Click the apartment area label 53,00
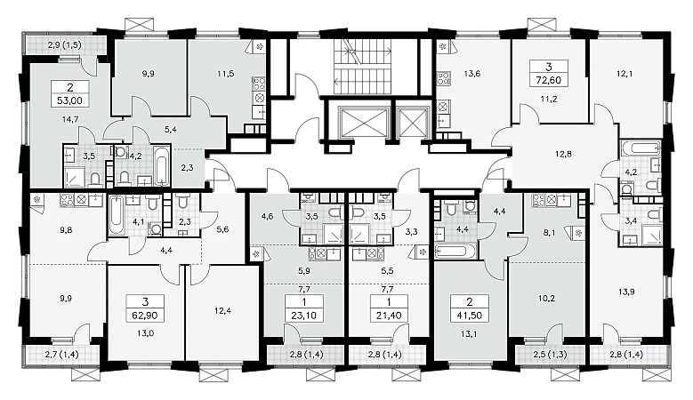click(69, 100)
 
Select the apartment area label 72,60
click(549, 80)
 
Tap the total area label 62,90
click(145, 316)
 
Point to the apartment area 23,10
click(304, 316)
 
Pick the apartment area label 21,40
click(389, 316)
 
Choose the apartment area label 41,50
click(470, 316)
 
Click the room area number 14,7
click(69, 119)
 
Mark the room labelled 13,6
click(472, 74)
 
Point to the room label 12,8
click(563, 154)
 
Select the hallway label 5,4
click(170, 130)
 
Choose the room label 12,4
click(222, 310)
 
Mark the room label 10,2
click(546, 298)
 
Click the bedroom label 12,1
click(624, 74)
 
